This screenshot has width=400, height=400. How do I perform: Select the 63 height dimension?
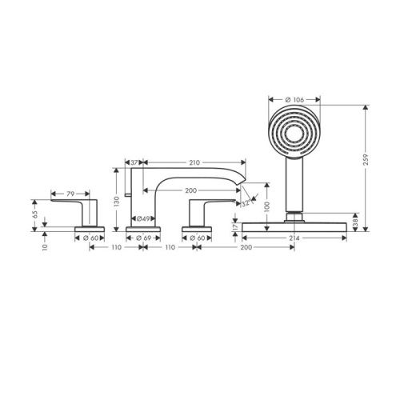tap(34, 214)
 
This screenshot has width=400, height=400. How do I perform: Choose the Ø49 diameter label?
tap(144, 219)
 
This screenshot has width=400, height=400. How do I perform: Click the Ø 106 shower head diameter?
tap(293, 100)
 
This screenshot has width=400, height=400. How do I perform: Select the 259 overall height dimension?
tap(366, 169)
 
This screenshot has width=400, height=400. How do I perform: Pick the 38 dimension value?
tap(356, 226)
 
